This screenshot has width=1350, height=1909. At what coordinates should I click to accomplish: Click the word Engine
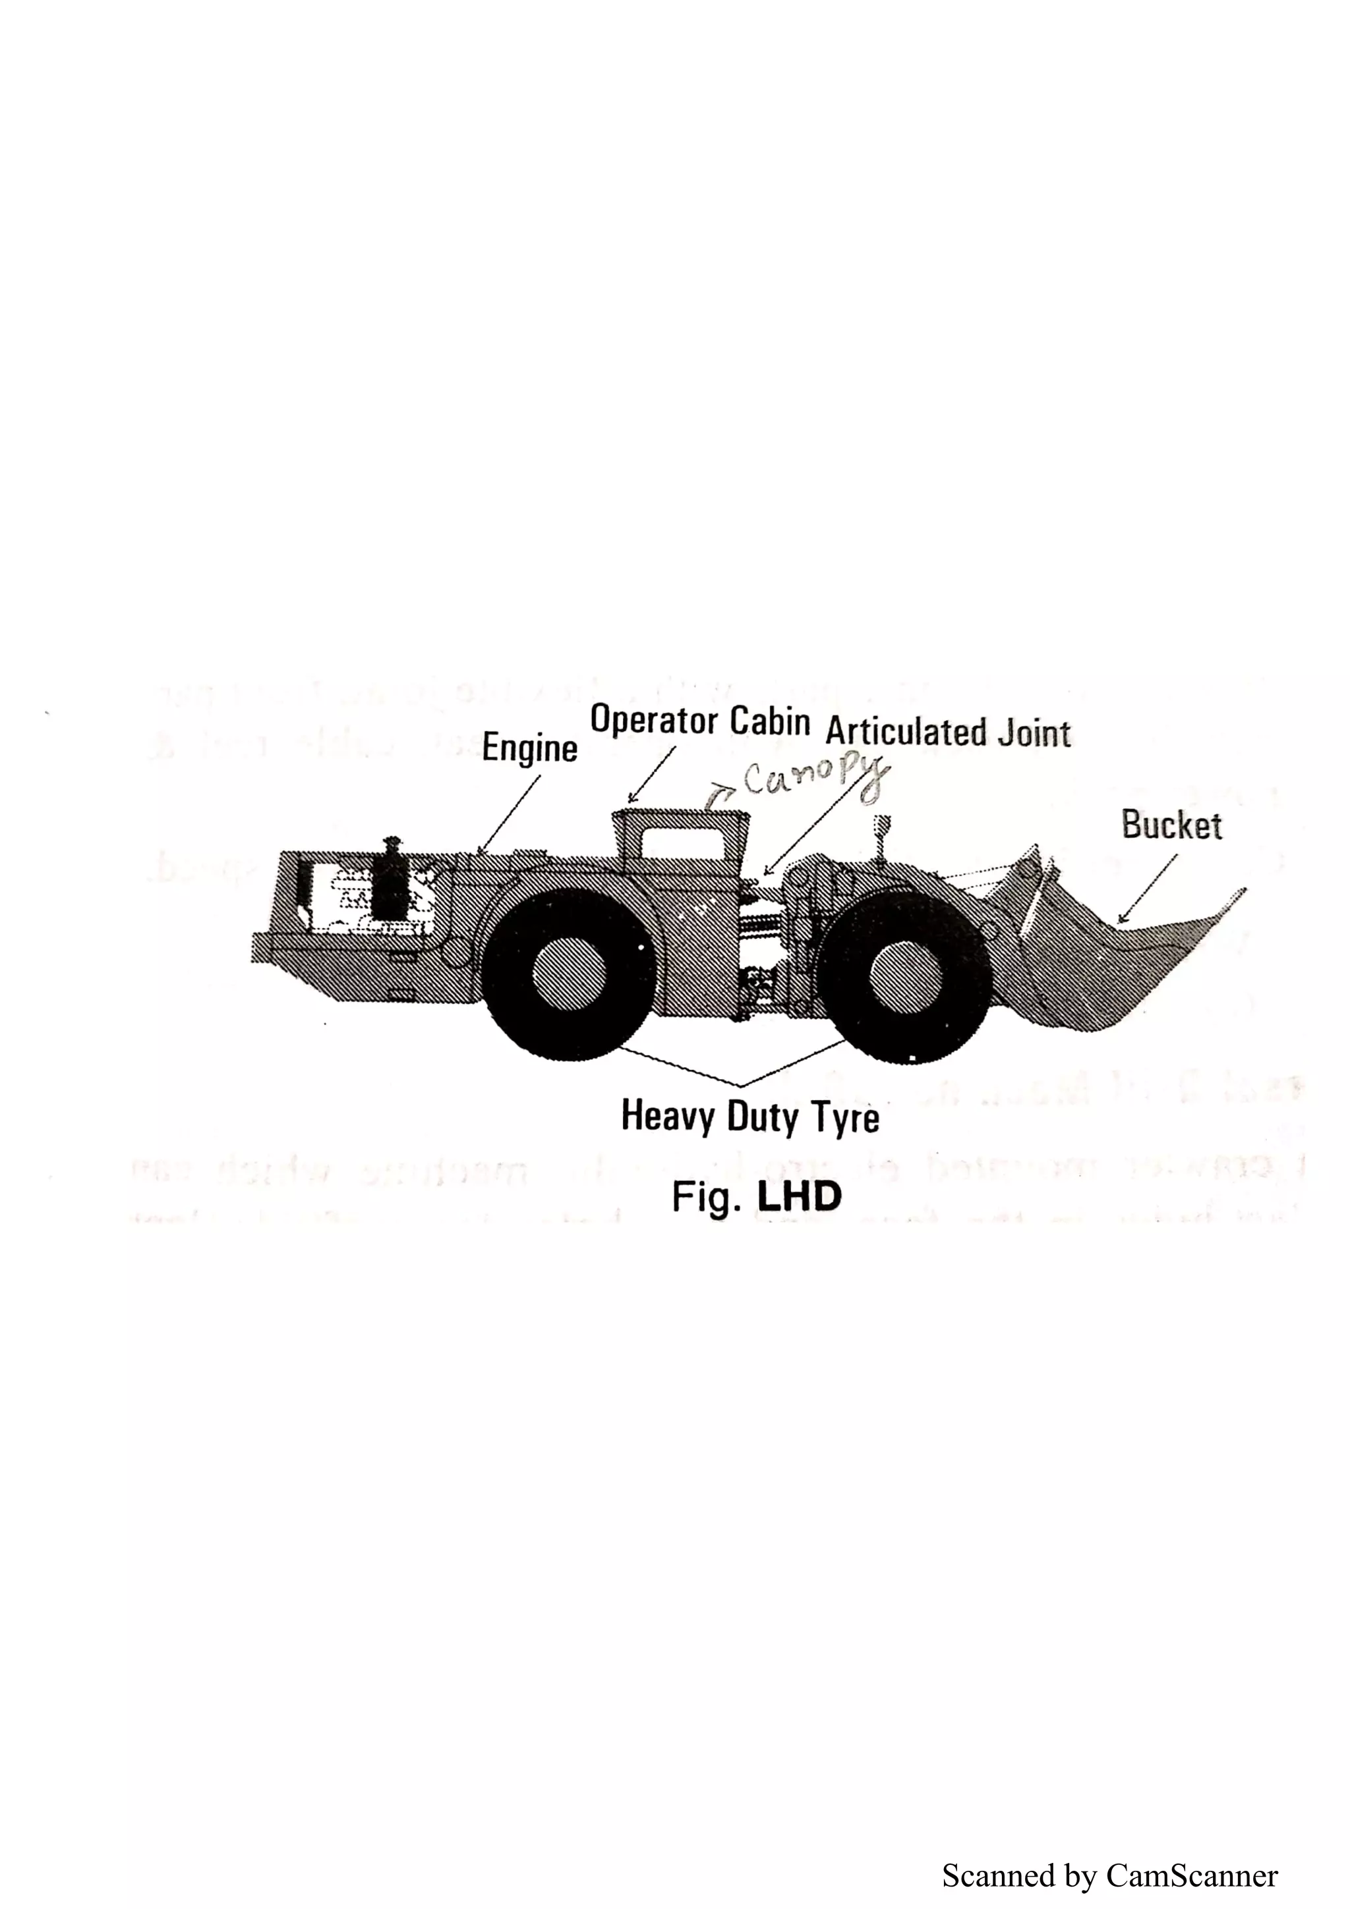click(530, 749)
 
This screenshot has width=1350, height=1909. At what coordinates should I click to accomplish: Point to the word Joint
click(1036, 733)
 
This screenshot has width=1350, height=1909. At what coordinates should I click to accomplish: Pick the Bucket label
click(1171, 825)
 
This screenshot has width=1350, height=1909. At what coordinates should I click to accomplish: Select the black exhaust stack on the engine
click(392, 881)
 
